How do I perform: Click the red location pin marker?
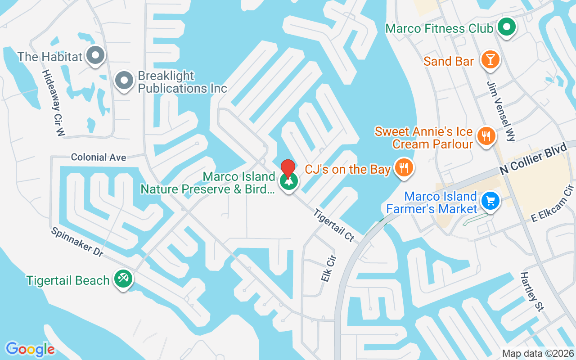288,169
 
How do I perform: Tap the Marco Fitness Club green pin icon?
507,27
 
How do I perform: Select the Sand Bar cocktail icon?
490,60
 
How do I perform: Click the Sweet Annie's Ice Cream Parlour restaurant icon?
486,136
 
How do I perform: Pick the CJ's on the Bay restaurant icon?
404,168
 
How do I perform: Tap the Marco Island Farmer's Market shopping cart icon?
490,201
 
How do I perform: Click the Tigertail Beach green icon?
122,279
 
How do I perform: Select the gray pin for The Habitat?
95,56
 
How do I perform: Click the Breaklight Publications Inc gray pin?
124,81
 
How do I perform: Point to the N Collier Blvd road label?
532,161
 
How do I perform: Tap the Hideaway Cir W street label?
54,103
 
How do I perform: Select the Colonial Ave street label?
99,157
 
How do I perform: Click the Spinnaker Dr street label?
77,242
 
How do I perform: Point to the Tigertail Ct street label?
333,225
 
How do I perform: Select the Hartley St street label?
533,292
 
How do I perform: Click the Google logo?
30,349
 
